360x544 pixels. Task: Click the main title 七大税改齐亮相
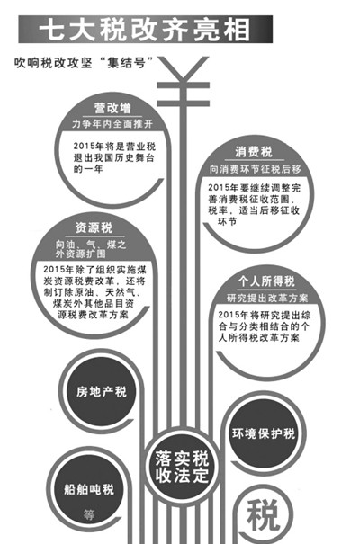(145, 29)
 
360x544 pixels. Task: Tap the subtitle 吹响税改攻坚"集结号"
(84, 63)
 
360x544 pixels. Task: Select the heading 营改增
(112, 108)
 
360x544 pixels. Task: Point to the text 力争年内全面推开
(112, 124)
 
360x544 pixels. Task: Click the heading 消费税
(254, 152)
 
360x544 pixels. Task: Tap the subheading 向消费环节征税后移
(255, 169)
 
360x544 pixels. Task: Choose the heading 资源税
(94, 227)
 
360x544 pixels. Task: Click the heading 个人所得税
(266, 281)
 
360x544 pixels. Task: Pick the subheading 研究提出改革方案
(267, 298)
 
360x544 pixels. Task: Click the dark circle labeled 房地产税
(101, 392)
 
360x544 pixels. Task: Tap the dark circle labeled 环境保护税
(264, 433)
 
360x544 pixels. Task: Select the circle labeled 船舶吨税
(89, 489)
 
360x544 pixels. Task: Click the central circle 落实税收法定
(182, 466)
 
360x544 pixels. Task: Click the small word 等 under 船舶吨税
(89, 514)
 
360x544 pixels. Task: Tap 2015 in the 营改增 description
(82, 146)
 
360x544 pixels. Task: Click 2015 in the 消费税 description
(217, 188)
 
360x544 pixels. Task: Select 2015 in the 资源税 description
(52, 269)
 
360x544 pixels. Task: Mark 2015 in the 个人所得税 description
(227, 315)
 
